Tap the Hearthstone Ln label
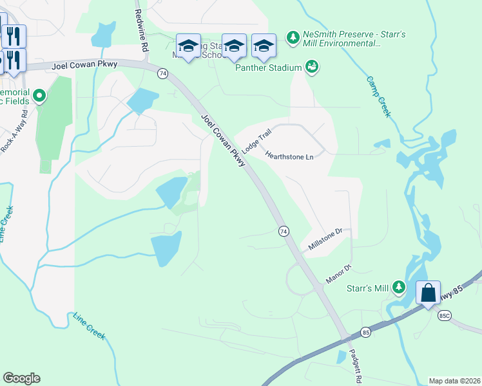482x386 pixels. [289, 156]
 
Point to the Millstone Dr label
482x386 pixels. [329, 238]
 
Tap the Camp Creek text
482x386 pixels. [379, 96]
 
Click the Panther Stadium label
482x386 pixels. [268, 68]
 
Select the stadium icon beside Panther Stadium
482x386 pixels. [313, 67]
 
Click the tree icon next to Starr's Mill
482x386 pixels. [400, 287]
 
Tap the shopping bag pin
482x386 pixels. [429, 293]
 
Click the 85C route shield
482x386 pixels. [444, 316]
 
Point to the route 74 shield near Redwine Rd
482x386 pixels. [162, 74]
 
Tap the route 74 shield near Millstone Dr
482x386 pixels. [283, 231]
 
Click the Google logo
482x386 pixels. [21, 378]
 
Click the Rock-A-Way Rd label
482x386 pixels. [13, 137]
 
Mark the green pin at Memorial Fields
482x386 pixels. [39, 96]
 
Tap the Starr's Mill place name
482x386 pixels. [366, 288]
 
